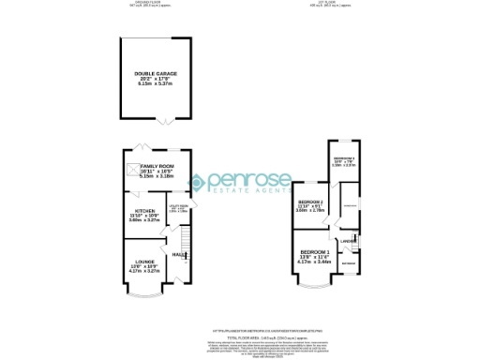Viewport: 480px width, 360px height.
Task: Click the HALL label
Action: [177, 253]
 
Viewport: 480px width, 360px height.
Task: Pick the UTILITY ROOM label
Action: [179, 206]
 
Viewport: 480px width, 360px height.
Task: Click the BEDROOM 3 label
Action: [346, 158]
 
